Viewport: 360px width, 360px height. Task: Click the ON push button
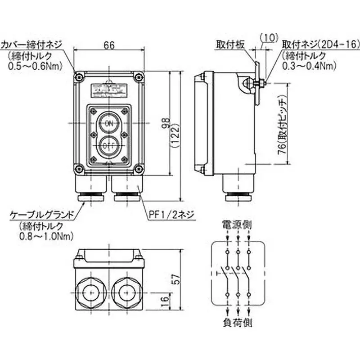108,123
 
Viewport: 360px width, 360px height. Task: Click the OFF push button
108,145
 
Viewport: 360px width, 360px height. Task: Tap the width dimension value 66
108,45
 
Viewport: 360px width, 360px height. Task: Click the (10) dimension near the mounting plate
269,37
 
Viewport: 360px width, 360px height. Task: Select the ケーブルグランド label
42,216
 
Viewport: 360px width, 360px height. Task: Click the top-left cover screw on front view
80,76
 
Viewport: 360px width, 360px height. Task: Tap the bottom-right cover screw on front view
137,169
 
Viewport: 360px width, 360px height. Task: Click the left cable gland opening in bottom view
90,293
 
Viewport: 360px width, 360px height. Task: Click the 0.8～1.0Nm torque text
41,235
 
